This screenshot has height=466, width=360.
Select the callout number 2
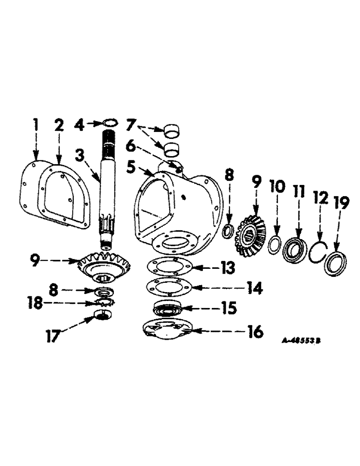pos(59,126)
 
